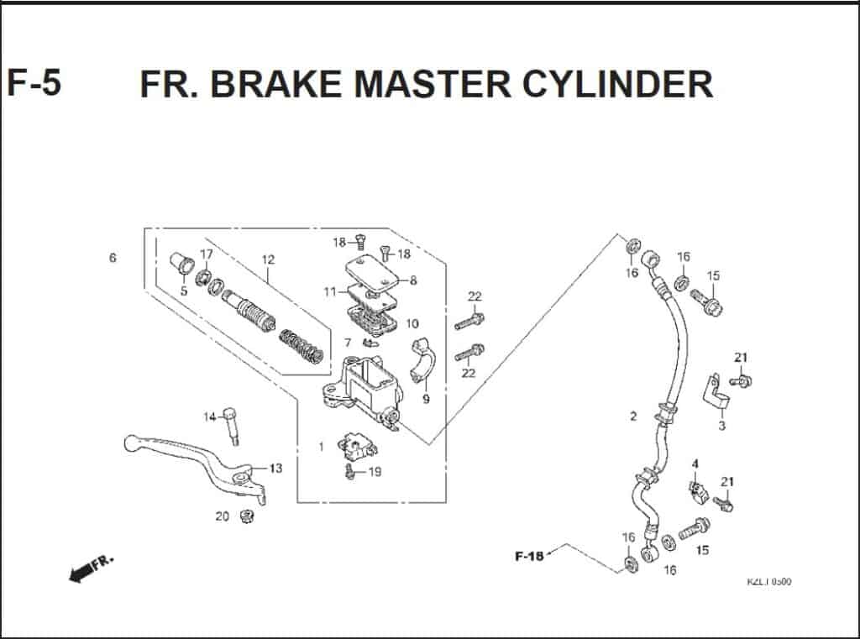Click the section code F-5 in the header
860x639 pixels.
(x=34, y=83)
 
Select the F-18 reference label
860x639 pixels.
(x=529, y=556)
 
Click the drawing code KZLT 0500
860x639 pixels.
(x=768, y=582)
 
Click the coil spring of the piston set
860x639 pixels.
(x=301, y=347)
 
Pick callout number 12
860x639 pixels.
(x=268, y=259)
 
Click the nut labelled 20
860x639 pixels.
(x=248, y=516)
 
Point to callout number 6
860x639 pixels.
(x=113, y=258)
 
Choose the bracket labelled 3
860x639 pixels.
(x=716, y=393)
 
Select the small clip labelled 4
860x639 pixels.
(x=696, y=490)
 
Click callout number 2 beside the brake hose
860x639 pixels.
(x=633, y=416)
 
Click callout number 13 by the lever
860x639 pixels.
(x=275, y=468)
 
